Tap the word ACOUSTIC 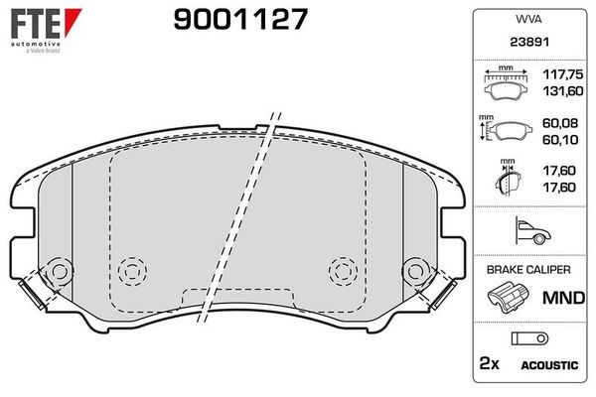[549, 365]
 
